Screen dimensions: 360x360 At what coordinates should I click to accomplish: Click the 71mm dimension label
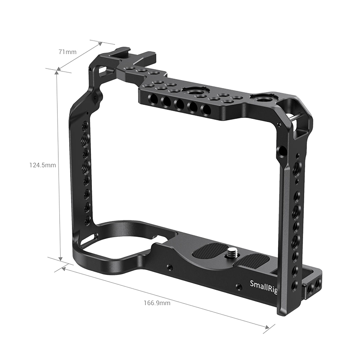click(67, 52)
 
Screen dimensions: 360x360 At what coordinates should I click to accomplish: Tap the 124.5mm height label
click(43, 165)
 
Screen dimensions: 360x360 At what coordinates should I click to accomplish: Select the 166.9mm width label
click(157, 303)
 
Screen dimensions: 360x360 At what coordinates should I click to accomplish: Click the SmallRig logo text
click(264, 286)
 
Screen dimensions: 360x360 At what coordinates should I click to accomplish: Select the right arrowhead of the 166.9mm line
click(266, 327)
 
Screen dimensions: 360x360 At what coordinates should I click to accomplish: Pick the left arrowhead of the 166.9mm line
click(64, 268)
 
